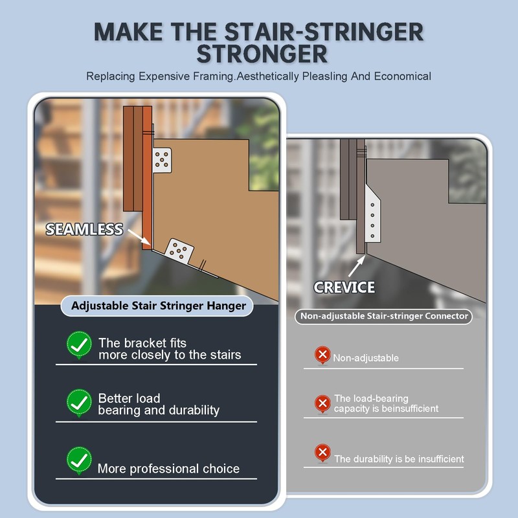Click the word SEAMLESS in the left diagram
pyautogui.click(x=84, y=229)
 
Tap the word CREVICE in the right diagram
pyautogui.click(x=344, y=287)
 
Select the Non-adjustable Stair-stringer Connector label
pyautogui.click(x=383, y=317)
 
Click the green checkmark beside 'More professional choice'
pyautogui.click(x=79, y=461)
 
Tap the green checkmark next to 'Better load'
pyautogui.click(x=79, y=403)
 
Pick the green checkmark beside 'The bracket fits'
pyautogui.click(x=79, y=344)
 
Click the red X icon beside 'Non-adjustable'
pyautogui.click(x=322, y=355)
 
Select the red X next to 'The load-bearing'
pyautogui.click(x=322, y=403)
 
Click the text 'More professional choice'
pyautogui.click(x=168, y=468)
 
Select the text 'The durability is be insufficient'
pyautogui.click(x=399, y=458)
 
